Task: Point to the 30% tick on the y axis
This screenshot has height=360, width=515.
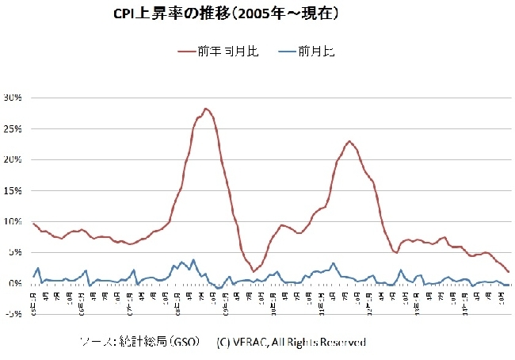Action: click(15, 98)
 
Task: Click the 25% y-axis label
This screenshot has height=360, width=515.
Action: click(15, 128)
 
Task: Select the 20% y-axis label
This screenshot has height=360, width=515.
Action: click(15, 159)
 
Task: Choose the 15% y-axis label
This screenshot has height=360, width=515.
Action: click(15, 190)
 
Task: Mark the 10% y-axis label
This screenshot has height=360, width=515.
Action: click(15, 221)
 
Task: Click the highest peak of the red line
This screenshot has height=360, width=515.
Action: click(206, 109)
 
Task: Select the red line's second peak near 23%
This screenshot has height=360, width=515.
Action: click(349, 141)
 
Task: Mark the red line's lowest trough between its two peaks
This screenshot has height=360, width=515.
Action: click(254, 271)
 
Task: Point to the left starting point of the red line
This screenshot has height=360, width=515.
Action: click(33, 223)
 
